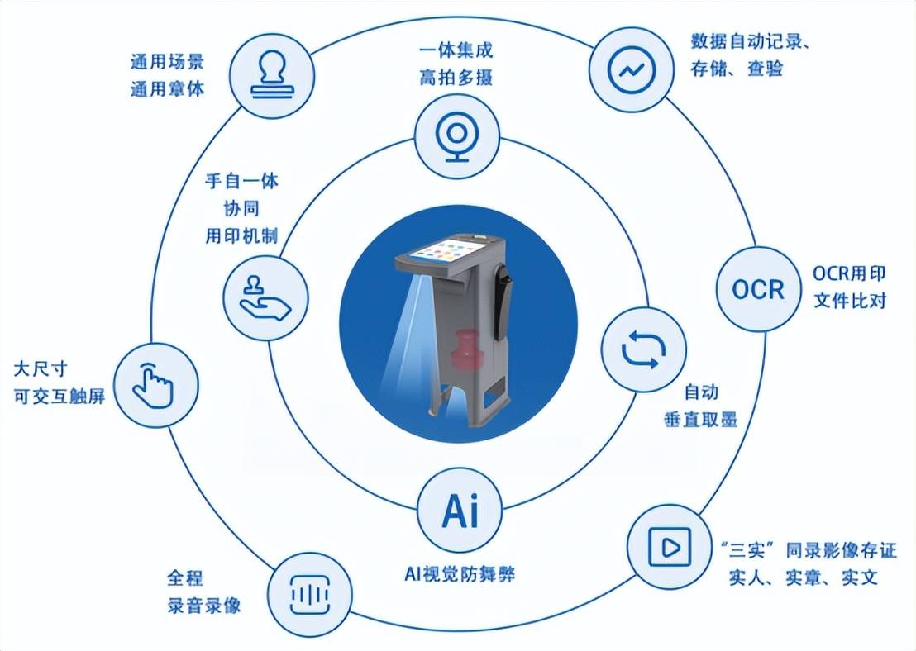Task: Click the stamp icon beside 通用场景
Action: (272, 74)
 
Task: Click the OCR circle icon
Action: (758, 289)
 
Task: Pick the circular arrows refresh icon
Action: (643, 349)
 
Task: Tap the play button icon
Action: (670, 547)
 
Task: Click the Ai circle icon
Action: (460, 511)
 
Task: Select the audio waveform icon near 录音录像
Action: (310, 595)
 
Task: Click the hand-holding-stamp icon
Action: (265, 297)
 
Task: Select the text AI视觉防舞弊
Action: (460, 574)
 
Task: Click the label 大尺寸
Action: (41, 369)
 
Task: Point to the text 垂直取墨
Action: (700, 419)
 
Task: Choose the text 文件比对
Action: (850, 301)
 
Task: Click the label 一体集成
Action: (456, 50)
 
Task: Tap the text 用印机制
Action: (241, 236)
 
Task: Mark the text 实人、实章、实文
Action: (804, 577)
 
